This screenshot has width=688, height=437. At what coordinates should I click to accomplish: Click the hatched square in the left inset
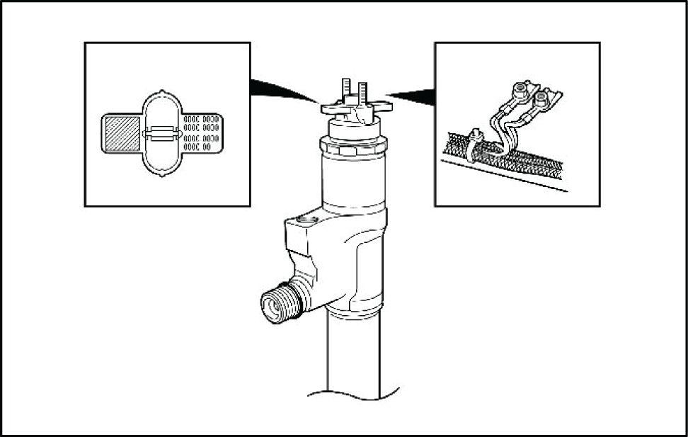pyautogui.click(x=122, y=135)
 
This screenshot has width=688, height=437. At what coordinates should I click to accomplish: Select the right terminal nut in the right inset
pyautogui.click(x=543, y=98)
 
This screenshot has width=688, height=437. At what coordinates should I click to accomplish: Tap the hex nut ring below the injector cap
pyautogui.click(x=354, y=147)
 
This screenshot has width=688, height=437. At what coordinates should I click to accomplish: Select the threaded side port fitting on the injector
pyautogui.click(x=278, y=305)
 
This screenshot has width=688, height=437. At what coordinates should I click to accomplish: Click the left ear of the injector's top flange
pyautogui.click(x=328, y=108)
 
